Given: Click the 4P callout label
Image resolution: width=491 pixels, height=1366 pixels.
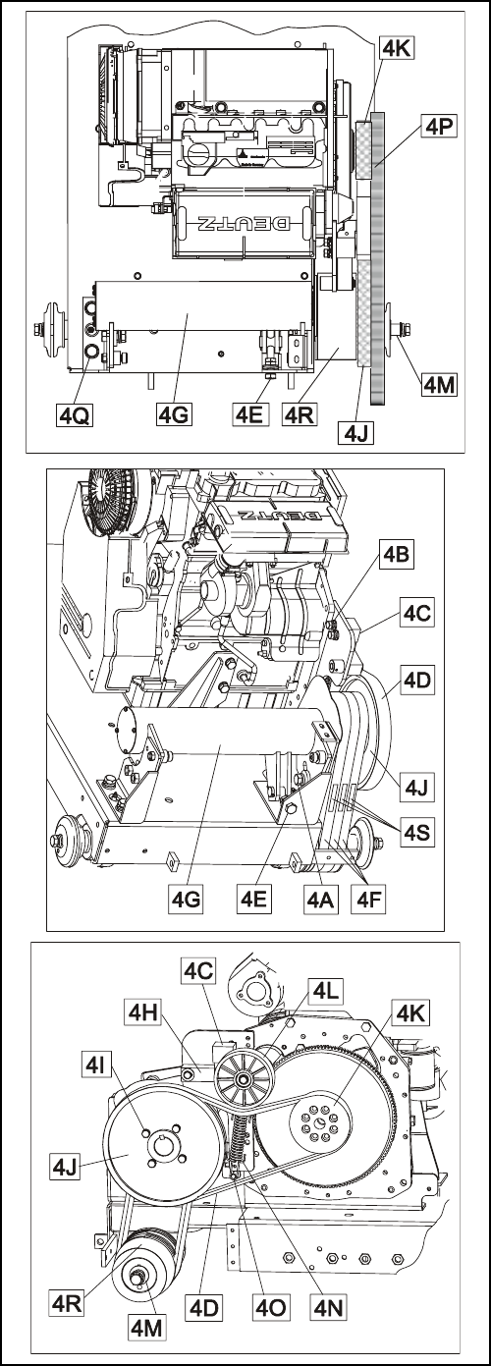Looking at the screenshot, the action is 439,127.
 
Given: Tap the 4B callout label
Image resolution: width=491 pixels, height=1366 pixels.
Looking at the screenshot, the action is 395,556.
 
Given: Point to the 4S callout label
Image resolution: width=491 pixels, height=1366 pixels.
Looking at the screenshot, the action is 416,833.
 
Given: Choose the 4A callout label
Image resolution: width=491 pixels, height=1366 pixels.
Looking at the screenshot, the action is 321,899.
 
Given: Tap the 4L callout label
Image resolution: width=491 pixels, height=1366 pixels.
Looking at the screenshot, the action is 325,992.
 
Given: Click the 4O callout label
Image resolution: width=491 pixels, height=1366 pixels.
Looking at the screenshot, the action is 271,1308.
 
